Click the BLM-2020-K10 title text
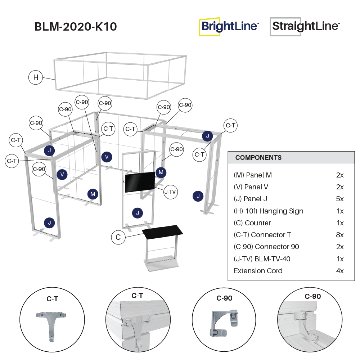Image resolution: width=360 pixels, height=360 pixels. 76,27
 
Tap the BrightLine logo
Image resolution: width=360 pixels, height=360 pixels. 229,27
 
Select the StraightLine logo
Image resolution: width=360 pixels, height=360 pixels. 305,27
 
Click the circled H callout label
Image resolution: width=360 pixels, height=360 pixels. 36,77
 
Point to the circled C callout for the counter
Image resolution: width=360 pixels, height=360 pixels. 118,237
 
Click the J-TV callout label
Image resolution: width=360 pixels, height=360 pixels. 170,192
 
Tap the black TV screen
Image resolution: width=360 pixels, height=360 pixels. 140,182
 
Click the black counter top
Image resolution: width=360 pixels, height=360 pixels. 163,231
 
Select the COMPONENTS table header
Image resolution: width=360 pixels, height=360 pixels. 258,158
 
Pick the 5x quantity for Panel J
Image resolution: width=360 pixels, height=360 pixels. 340,199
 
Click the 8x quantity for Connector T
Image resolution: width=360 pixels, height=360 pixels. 340,235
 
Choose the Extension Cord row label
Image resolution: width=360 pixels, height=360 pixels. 258,271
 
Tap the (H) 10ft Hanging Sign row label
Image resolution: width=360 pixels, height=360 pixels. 269,211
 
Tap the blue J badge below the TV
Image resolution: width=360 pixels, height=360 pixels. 138,213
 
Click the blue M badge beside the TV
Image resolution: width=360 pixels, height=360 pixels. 161,172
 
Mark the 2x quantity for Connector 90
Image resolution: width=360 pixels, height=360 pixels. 340,247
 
